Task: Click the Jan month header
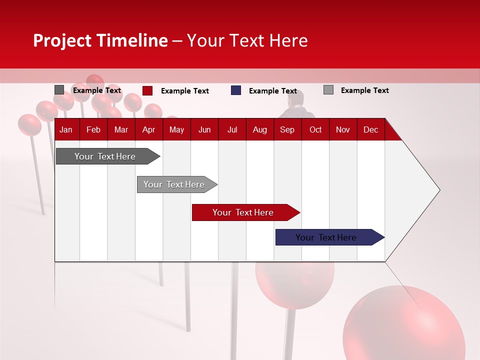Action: pyautogui.click(x=66, y=130)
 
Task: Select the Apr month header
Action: pyautogui.click(x=149, y=130)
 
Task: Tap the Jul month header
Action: pyautogui.click(x=232, y=130)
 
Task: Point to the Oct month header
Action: pyautogui.click(x=315, y=130)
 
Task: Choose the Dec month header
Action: pyautogui.click(x=370, y=130)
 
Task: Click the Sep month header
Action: pyautogui.click(x=287, y=130)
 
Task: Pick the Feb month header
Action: pyautogui.click(x=93, y=130)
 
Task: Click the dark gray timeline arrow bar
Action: pyautogui.click(x=108, y=156)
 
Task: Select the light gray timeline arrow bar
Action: pyautogui.click(x=177, y=184)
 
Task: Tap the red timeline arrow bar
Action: pyautogui.click(x=246, y=212)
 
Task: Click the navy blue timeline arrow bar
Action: pyautogui.click(x=330, y=237)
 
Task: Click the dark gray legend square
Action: pyautogui.click(x=59, y=89)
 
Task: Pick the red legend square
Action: pyautogui.click(x=147, y=90)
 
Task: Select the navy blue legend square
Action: pyautogui.click(x=236, y=90)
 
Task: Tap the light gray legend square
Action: pyautogui.click(x=328, y=89)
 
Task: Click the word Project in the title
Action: pyautogui.click(x=62, y=40)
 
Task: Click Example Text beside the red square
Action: pyautogui.click(x=185, y=91)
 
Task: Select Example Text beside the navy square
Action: pyautogui.click(x=273, y=91)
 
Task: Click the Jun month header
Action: pyautogui.click(x=204, y=130)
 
